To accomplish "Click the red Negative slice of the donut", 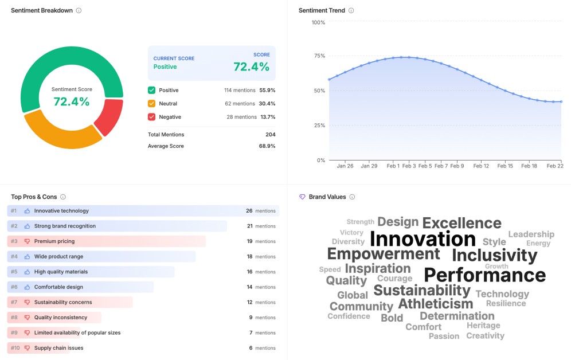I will coord(110,117).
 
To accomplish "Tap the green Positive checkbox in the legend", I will coord(151,90).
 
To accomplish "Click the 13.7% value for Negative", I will coord(268,117).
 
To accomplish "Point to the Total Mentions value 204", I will coord(270,135).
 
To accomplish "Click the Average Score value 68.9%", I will coord(267,146).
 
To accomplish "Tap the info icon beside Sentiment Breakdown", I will coord(79,10).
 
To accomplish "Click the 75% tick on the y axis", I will coord(318,56).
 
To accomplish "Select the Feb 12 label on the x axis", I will coord(481,166).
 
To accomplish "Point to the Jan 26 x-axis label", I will coord(345,166).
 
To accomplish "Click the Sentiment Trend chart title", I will coord(322,10).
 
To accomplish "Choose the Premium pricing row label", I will coord(54,241).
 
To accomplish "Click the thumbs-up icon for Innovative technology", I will coord(27,211).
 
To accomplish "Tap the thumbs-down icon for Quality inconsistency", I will coord(27,318).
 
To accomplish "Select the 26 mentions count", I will coord(249,211).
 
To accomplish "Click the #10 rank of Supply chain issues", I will coord(14,348).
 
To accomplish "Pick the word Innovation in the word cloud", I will coord(423,238).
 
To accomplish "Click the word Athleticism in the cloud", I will coord(435,304).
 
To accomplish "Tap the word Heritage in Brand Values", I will coord(483,326).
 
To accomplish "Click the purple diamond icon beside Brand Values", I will coord(302,197).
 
